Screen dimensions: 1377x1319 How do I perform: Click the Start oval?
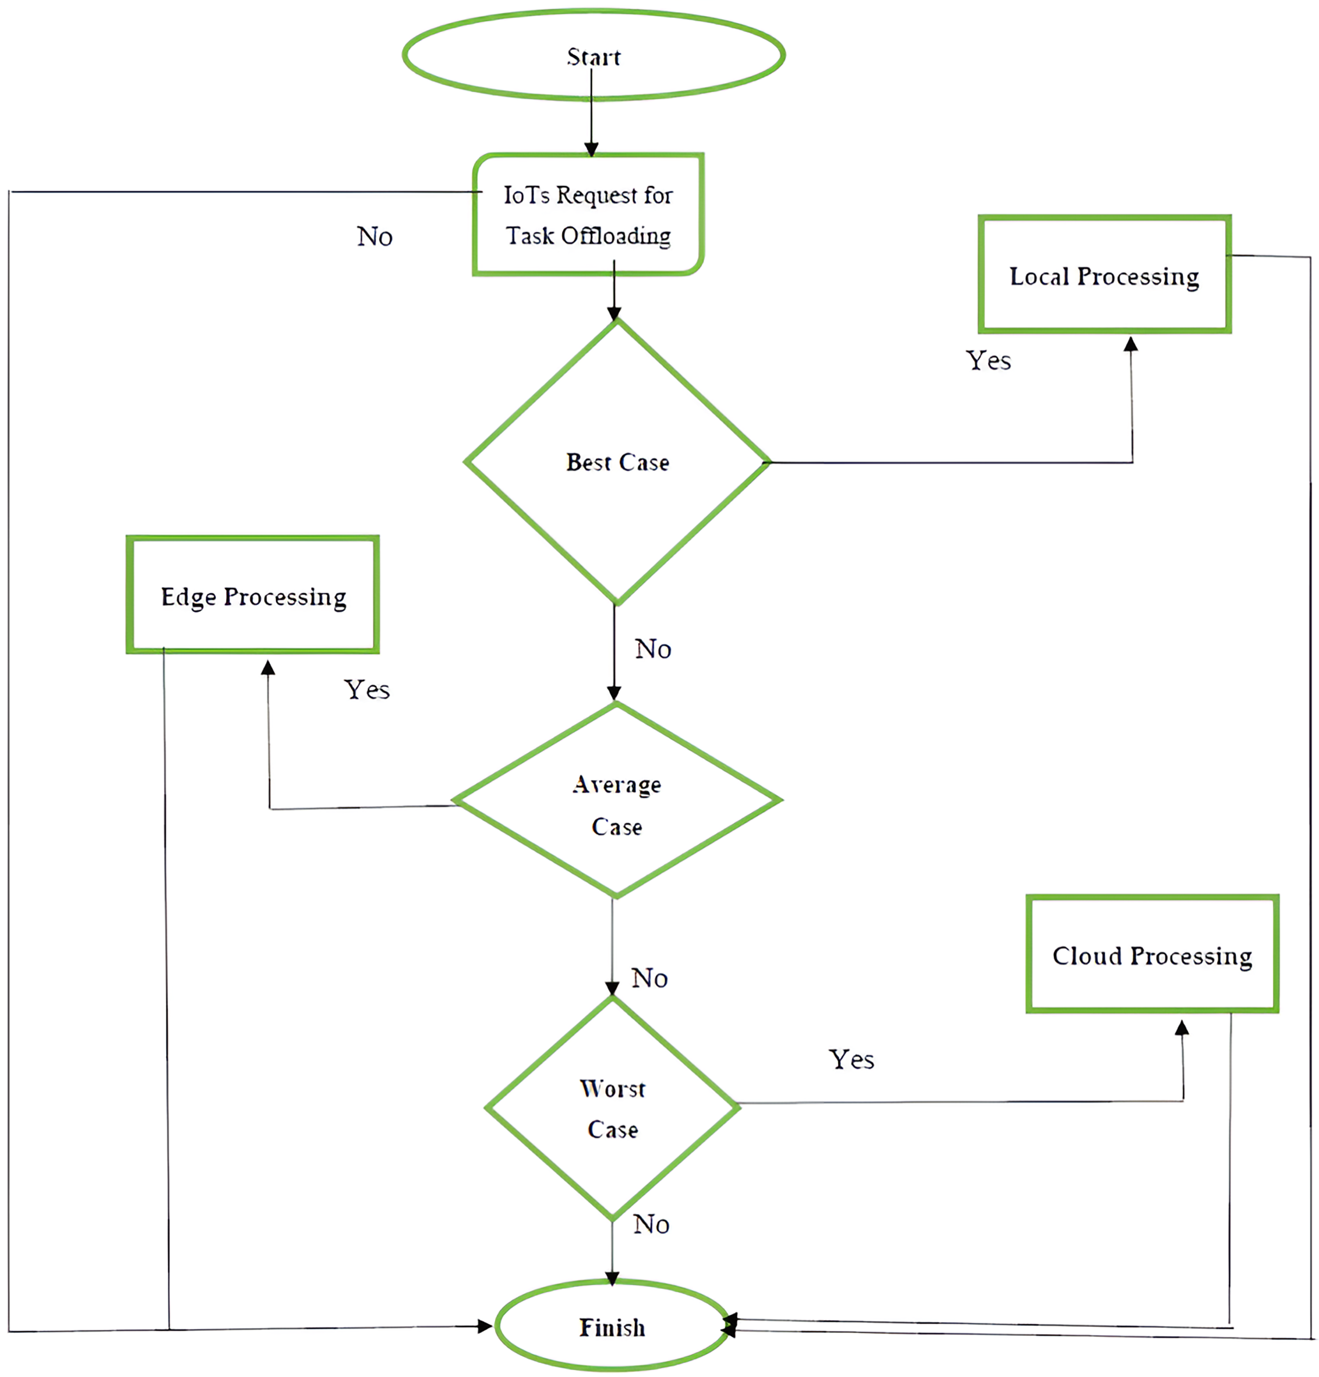(593, 55)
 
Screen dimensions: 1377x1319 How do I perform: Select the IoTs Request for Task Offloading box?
(588, 214)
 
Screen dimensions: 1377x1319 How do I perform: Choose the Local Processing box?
(1104, 275)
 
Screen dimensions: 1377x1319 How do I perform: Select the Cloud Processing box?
(1152, 955)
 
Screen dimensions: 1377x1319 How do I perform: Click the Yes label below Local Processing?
(988, 360)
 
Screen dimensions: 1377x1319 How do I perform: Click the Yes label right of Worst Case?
(851, 1059)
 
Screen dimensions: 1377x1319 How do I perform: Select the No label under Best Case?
(653, 649)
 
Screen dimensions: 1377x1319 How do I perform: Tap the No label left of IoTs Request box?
(375, 236)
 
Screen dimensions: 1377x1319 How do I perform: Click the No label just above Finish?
(651, 1224)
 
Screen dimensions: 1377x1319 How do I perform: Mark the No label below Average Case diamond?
(649, 977)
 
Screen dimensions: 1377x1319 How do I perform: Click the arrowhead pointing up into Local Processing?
(1131, 344)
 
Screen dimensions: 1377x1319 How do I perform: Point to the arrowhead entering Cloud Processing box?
(1182, 1028)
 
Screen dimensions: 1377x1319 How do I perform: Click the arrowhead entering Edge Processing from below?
(268, 668)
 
